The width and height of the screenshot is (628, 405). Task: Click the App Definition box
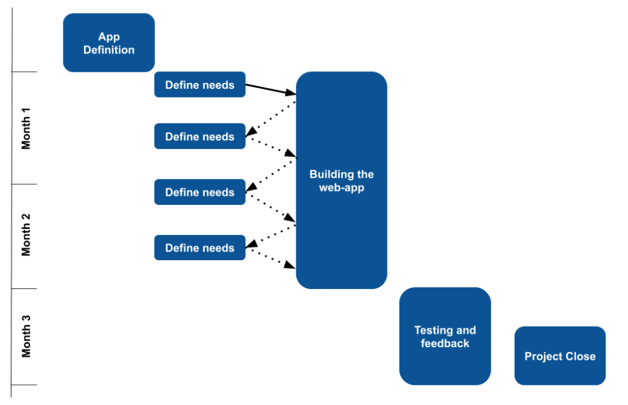click(109, 42)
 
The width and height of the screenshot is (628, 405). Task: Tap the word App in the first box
click(109, 37)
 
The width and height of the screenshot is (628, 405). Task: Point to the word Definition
click(109, 50)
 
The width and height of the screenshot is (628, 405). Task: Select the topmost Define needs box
click(199, 85)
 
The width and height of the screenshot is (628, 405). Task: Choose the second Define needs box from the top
click(199, 136)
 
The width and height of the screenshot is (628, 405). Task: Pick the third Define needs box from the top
click(199, 192)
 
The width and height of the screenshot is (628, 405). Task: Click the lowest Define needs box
click(199, 248)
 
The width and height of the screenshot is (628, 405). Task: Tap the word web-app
click(342, 188)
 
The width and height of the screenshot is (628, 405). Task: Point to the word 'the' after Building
click(366, 174)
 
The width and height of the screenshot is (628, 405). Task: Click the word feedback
click(445, 344)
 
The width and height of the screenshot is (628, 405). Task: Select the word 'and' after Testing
click(465, 330)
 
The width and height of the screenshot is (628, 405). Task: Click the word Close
click(581, 357)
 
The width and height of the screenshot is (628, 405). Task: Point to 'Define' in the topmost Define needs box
click(182, 85)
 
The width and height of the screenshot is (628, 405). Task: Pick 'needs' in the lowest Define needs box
click(218, 248)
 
